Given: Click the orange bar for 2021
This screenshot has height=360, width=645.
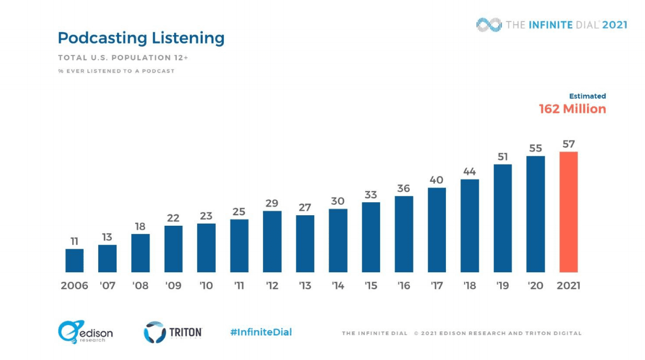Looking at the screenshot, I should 568,212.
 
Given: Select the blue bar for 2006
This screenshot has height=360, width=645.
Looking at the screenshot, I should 74,260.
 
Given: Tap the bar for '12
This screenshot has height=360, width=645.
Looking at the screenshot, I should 272,241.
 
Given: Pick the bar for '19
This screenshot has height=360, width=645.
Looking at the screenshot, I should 502,218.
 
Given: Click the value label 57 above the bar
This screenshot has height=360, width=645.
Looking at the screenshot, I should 568,144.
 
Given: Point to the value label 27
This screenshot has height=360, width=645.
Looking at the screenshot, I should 305,207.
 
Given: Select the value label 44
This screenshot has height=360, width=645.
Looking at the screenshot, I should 469,171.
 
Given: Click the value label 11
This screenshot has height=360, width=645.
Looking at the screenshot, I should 74,241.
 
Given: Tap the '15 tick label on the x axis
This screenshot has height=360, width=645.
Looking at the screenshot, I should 371,286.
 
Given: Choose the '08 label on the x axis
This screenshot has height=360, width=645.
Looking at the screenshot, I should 140,286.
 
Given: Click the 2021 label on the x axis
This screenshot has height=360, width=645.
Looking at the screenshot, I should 568,286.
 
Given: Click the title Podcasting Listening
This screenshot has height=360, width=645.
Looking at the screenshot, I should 141,38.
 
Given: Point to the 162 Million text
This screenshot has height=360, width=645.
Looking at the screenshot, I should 572,109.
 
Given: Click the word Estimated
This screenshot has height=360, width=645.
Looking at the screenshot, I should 588,96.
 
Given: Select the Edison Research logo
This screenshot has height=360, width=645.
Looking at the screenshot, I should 85,332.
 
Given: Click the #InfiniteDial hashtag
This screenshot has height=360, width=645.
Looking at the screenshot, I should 261,332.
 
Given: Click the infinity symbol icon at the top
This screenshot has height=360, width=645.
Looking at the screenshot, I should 489,25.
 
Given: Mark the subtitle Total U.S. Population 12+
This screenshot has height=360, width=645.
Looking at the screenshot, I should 123,57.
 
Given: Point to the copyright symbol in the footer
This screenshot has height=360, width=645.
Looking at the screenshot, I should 417,333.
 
